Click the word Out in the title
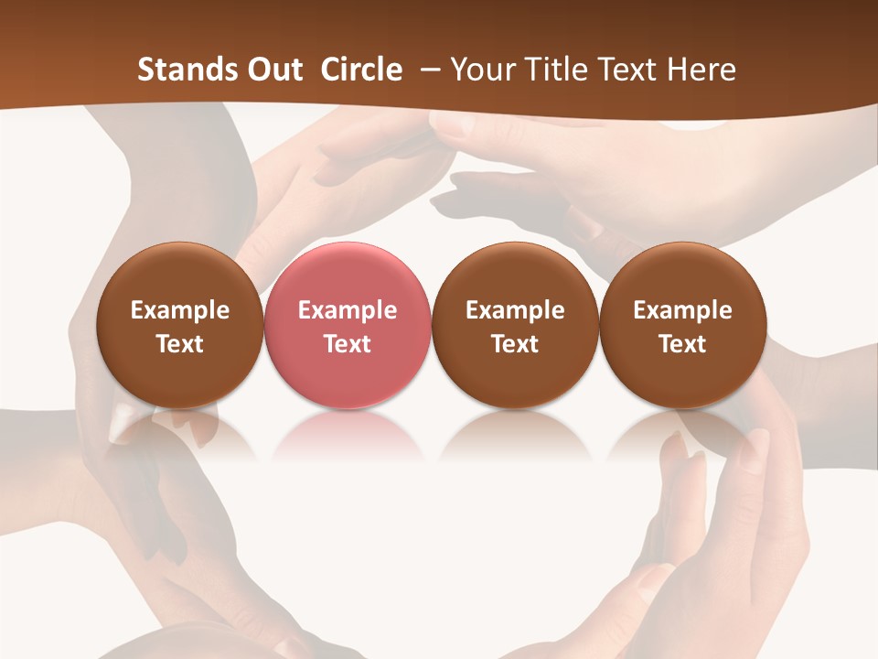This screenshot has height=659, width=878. point(273,70)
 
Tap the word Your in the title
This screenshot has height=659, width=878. point(482,70)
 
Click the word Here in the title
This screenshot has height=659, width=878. point(701,70)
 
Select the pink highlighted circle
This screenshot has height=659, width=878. point(348,326)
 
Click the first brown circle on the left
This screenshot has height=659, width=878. point(179,326)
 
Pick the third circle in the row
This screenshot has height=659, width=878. point(515,326)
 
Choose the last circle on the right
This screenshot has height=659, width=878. point(683,326)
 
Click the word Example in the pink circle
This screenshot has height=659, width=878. point(348,310)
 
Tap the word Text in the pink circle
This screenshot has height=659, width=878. point(348,344)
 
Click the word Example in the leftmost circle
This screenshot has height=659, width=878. point(179,310)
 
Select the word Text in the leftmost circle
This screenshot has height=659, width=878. point(179,344)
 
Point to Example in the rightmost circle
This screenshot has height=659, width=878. point(683,310)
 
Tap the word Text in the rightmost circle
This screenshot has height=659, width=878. point(683,344)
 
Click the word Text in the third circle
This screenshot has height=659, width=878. point(515,344)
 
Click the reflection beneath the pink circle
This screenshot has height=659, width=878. point(348,435)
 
